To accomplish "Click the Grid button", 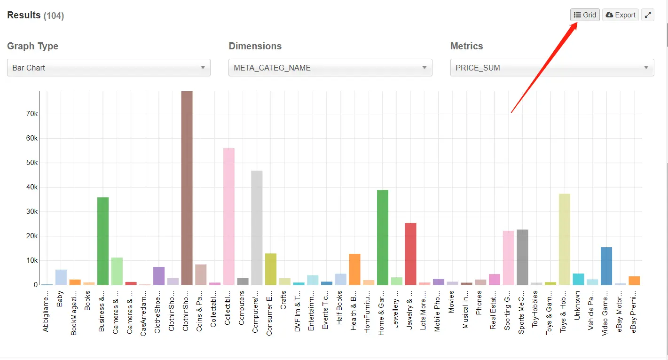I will pyautogui.click(x=585, y=15).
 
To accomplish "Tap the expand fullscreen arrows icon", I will pyautogui.click(x=648, y=15).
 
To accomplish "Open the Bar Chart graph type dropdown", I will pyautogui.click(x=109, y=68).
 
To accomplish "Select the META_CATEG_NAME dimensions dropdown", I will pyautogui.click(x=330, y=68).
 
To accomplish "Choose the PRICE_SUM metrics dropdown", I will pyautogui.click(x=552, y=68).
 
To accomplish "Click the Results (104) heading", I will pyautogui.click(x=35, y=16).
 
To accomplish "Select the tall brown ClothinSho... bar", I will pyautogui.click(x=187, y=188).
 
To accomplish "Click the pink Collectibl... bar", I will pyautogui.click(x=229, y=216).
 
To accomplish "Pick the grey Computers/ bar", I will pyautogui.click(x=257, y=228).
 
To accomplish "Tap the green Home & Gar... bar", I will pyautogui.click(x=383, y=237).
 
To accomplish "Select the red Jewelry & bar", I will pyautogui.click(x=410, y=254).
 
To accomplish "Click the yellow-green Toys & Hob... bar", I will pyautogui.click(x=564, y=239).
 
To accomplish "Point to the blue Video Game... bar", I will pyautogui.click(x=606, y=266).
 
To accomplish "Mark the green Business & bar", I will pyautogui.click(x=103, y=241).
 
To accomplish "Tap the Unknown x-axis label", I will pyautogui.click(x=577, y=306).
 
